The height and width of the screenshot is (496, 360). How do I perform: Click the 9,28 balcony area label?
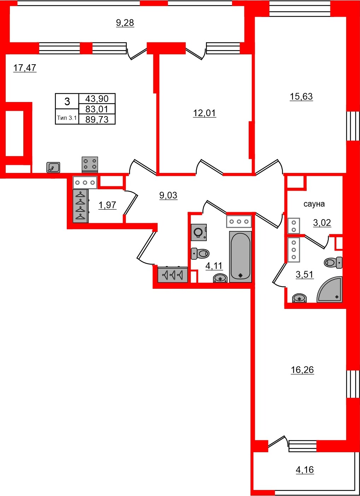125,23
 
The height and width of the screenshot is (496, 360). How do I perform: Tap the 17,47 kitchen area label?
25,68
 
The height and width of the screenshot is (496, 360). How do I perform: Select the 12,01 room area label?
204,113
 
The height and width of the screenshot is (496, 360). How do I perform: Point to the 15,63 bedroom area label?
301,96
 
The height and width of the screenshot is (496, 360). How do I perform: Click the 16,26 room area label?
302,370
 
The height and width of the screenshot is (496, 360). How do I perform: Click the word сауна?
314,204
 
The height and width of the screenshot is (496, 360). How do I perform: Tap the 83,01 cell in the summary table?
97,109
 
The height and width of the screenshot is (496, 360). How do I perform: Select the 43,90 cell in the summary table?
97,98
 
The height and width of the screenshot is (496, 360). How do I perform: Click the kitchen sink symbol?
53,167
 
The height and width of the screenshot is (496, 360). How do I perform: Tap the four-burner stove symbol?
90,165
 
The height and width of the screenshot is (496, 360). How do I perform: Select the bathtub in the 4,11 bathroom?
240,257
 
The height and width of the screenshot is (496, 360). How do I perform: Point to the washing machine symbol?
199,232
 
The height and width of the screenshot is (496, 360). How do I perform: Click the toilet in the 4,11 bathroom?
200,253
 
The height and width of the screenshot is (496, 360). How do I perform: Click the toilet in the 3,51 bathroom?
333,263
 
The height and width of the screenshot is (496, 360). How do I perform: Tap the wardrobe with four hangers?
81,206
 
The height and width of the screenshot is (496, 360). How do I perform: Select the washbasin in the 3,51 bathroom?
300,298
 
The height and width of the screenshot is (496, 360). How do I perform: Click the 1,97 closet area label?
107,205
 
